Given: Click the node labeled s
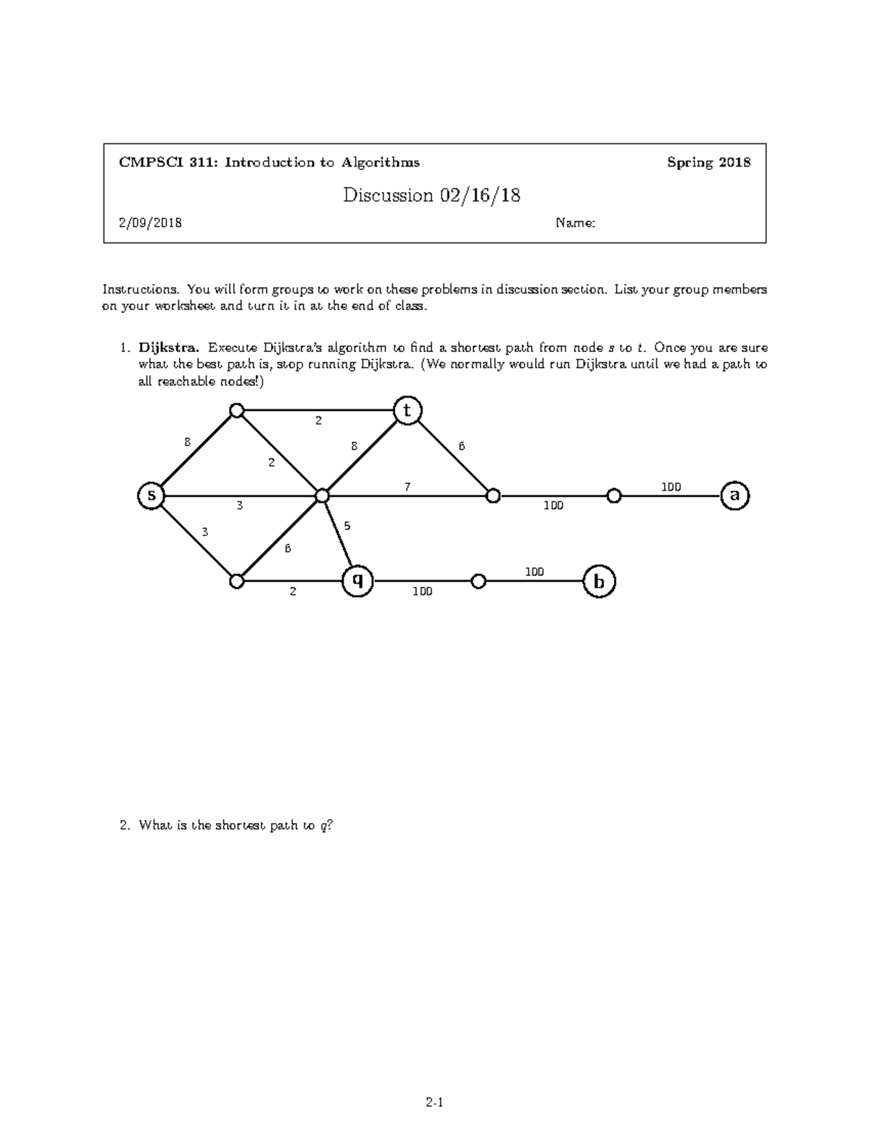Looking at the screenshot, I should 152,496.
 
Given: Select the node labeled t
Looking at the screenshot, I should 407,411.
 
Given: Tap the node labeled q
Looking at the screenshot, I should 357,581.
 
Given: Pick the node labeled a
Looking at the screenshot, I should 734,496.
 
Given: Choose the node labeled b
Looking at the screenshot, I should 599,582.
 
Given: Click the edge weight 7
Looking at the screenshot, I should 407,487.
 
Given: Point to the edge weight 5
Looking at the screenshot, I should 347,526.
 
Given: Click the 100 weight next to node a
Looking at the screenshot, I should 671,487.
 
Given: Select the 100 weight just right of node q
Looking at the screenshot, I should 422,592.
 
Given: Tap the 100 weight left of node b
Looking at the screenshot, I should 534,572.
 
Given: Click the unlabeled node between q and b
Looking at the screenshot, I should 478,581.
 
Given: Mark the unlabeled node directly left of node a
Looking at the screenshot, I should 614,496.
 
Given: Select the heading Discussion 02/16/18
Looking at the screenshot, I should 432,195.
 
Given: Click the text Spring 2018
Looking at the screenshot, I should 708,162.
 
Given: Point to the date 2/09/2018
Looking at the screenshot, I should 150,223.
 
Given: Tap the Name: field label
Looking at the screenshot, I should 575,223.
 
